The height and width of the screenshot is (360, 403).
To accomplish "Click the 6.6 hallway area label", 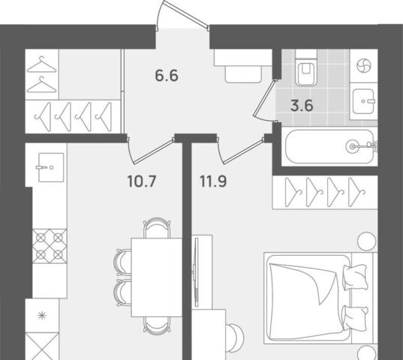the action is coord(167,76).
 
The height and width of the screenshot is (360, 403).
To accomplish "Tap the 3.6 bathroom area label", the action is coord(302,106).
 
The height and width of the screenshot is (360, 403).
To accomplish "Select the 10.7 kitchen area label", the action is coord(142,181).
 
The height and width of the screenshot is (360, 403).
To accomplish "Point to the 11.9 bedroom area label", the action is coord(213,181).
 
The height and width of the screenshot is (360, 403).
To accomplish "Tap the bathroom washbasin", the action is coord(363,101).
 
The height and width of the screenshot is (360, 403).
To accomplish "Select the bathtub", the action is coord(329,146).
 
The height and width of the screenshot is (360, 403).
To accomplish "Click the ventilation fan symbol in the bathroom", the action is coord(364,66).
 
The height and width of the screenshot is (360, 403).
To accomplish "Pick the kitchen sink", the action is coord(51,167).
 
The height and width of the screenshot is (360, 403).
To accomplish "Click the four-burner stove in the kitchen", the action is coord(50,247).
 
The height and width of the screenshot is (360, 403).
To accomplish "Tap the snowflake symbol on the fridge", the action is coord(42,315).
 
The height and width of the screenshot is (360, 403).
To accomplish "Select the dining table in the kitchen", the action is coord(157,277).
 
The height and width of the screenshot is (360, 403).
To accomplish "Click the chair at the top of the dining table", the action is coord(157,228).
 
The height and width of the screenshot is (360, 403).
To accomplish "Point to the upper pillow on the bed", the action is coord(355,277).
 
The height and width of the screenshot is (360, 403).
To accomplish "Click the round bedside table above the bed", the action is coord(367,241).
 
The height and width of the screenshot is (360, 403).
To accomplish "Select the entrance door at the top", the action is coord(183,15).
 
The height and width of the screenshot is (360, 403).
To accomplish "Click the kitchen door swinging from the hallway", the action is coord(151,151).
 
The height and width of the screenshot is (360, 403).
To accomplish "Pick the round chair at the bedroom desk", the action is coord(235,334).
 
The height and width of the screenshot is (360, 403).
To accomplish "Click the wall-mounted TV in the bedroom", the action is coord(196,271).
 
